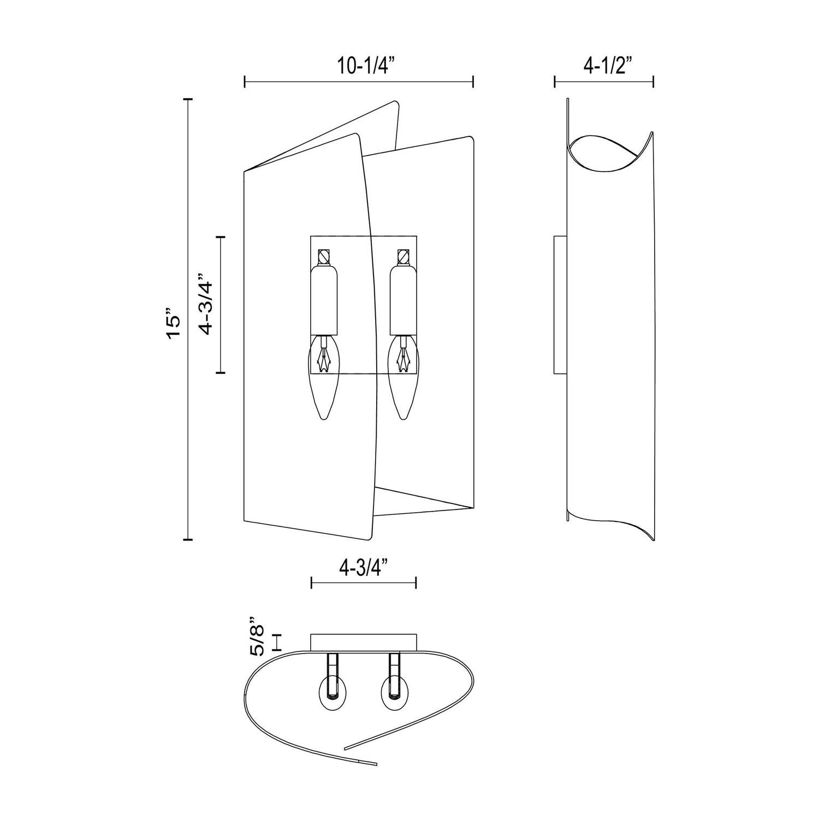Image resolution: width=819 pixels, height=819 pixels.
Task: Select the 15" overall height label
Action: coord(174,327)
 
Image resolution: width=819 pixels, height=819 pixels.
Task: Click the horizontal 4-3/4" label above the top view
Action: coord(363,568)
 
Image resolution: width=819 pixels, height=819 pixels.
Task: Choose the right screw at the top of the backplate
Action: coord(403,256)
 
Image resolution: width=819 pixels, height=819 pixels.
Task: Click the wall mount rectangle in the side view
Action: coord(560,305)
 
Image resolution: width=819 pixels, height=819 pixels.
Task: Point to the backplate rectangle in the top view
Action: coord(364,642)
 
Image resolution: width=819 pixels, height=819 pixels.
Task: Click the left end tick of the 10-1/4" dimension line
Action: coord(245,82)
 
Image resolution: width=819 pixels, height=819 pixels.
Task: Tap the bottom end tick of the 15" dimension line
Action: coord(188,539)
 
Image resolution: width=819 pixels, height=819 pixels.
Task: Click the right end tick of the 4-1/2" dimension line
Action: coord(654,82)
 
